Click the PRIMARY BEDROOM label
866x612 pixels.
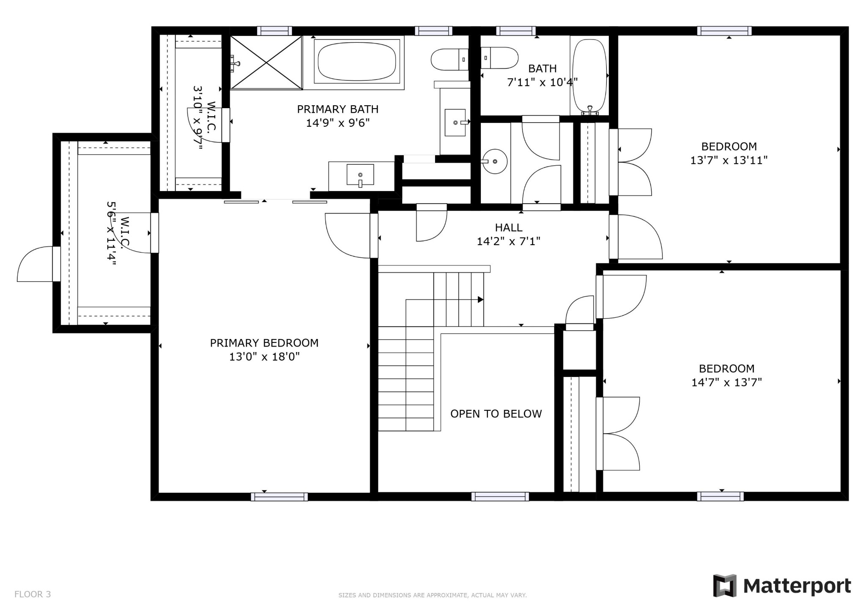264,343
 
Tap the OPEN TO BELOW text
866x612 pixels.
496,414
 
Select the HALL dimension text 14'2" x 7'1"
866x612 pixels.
509,241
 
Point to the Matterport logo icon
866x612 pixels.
725,586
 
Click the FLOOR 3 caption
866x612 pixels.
33,594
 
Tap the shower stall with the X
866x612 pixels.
266,63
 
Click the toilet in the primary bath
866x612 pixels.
450,60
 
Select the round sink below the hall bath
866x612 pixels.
495,161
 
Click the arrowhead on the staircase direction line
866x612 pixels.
481,300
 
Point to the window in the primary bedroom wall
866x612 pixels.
279,497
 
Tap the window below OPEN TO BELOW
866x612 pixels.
500,497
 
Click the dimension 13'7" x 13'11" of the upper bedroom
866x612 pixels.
729,161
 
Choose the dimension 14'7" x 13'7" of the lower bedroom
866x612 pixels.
726,382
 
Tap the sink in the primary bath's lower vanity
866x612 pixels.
360,175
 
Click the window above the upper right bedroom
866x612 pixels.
724,31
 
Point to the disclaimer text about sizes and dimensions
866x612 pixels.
433,595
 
